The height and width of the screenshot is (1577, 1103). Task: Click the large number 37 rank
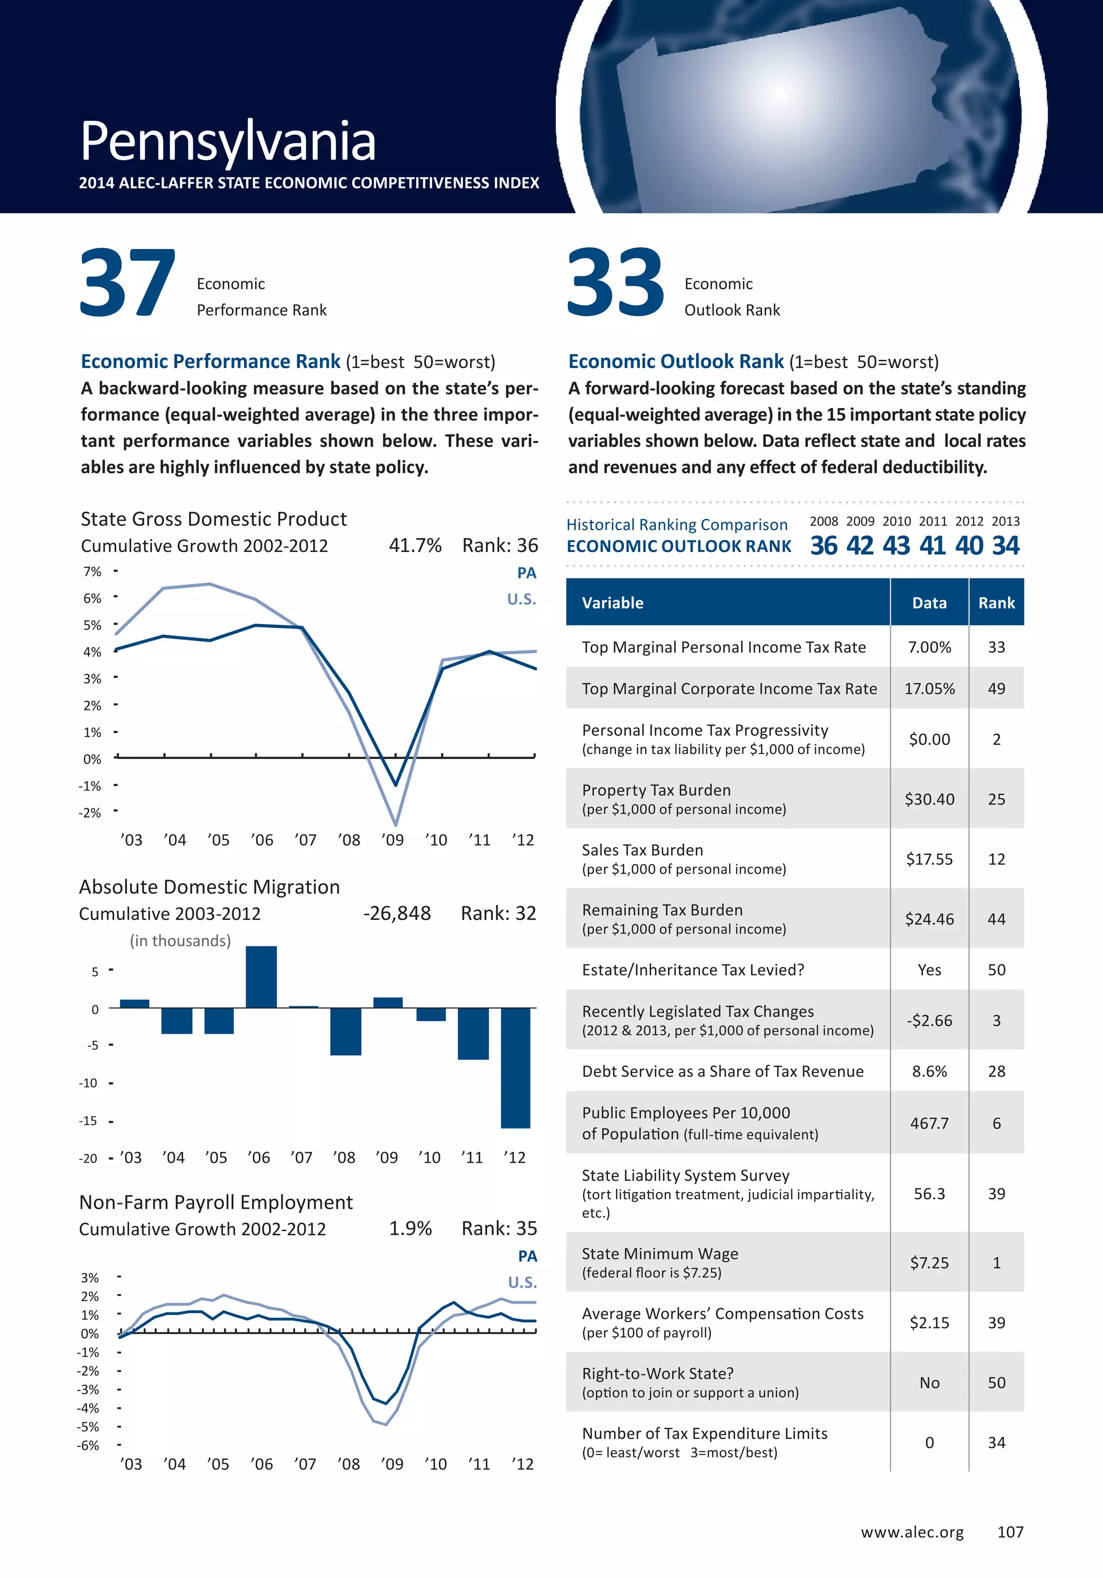click(x=128, y=283)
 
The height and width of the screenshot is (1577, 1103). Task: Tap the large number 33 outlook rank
click(x=616, y=283)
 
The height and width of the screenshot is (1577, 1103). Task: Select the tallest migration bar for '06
click(x=261, y=977)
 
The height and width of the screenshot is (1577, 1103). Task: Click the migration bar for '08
click(x=345, y=1031)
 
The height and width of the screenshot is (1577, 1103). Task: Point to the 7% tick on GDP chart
click(x=92, y=571)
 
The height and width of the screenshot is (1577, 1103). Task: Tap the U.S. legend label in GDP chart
click(x=522, y=599)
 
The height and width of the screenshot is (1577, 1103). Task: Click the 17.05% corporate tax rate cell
click(x=930, y=688)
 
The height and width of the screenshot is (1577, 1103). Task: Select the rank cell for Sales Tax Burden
click(x=996, y=859)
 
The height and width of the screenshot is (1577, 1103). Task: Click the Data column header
click(x=930, y=603)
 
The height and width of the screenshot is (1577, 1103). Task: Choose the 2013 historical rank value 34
click(x=1006, y=546)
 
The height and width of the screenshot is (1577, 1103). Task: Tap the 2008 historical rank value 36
click(x=823, y=546)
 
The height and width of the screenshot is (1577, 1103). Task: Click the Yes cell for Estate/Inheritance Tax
click(x=930, y=970)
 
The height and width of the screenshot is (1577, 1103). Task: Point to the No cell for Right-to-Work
click(x=930, y=1382)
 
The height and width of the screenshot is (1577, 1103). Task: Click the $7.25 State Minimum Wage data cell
click(x=930, y=1262)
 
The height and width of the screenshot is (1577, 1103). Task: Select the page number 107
click(x=1010, y=1532)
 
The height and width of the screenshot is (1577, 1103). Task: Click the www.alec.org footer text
click(x=912, y=1532)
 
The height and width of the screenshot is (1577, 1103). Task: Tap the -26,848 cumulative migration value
click(x=397, y=914)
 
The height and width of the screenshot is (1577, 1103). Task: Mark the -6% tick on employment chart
click(x=88, y=1445)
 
